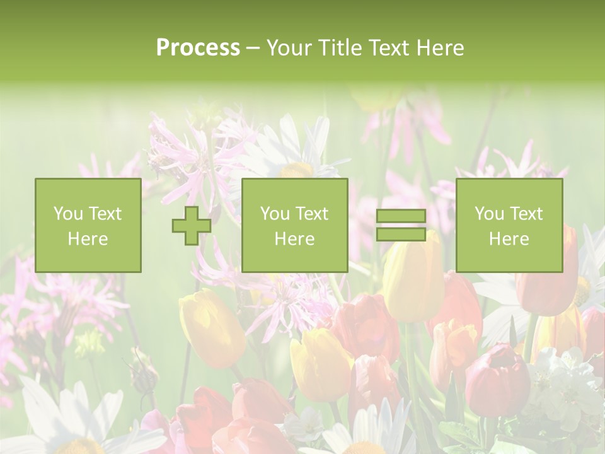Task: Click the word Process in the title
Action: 198,47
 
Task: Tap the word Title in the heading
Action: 340,47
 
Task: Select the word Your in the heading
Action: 291,47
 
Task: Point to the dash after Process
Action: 253,49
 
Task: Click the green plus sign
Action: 192,226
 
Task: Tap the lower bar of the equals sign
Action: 401,234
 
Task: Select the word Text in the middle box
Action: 313,214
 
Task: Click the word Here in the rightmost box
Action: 509,239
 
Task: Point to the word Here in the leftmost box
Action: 88,239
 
